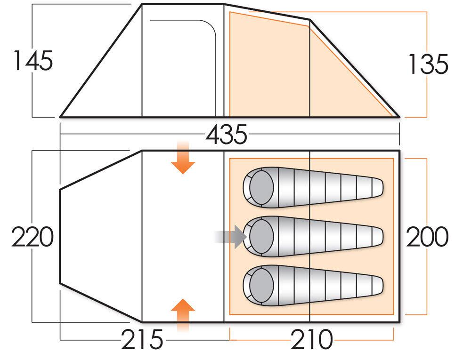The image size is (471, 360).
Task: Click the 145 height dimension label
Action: pos(33,61)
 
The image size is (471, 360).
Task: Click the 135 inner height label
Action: pos(428,64)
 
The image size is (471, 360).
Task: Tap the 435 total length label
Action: pos(227,135)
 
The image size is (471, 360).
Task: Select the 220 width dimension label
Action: pos(33,237)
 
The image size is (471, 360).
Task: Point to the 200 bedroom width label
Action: pos(428,237)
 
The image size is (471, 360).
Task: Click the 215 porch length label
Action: pos(142,339)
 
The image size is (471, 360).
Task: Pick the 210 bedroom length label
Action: pos(312,339)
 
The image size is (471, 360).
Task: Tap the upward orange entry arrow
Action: pos(183,315)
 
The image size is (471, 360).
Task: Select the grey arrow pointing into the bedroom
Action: pos(231,237)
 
